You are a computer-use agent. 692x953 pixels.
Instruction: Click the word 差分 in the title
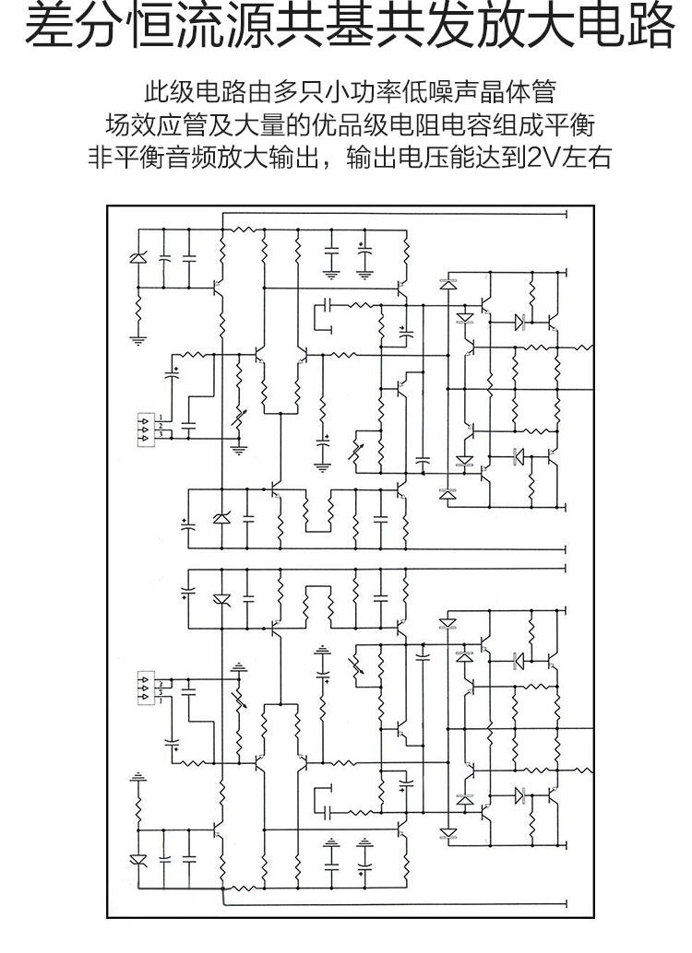pyautogui.click(x=70, y=29)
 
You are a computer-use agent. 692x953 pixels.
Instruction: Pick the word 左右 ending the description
pyautogui.click(x=584, y=156)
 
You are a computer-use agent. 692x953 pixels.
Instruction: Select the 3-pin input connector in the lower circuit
pyautogui.click(x=146, y=687)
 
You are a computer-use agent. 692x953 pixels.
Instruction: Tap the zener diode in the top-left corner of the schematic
pyautogui.click(x=138, y=257)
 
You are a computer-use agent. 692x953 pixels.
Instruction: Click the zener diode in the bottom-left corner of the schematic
pyautogui.click(x=138, y=859)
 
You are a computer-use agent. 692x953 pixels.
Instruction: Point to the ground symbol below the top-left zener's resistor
pyautogui.click(x=138, y=341)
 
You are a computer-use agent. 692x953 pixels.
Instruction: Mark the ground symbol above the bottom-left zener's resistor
pyautogui.click(x=138, y=776)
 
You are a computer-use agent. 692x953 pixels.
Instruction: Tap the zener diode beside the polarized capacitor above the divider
pyautogui.click(x=221, y=519)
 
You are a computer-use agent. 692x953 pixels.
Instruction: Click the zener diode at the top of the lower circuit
pyautogui.click(x=221, y=599)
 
